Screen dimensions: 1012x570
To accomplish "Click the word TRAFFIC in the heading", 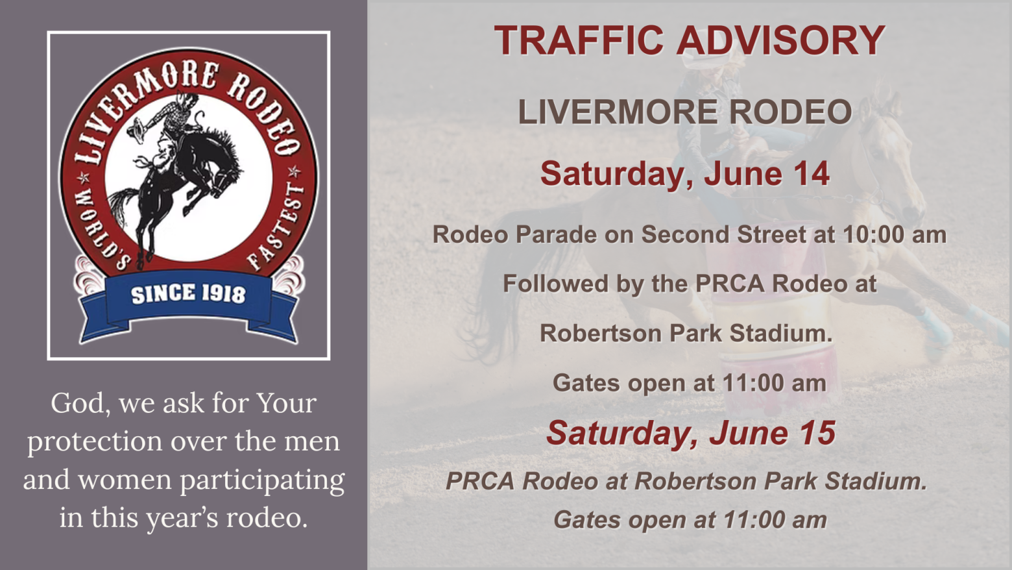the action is (579, 40).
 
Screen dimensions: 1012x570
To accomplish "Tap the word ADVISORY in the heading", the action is (780, 40).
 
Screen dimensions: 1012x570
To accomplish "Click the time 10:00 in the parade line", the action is (878, 234).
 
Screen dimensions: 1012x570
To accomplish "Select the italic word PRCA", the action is (480, 481).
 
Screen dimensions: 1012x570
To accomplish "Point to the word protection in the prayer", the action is (95, 441).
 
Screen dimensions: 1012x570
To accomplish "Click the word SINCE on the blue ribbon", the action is (163, 294).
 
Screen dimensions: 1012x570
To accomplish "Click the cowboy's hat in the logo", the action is (136, 128).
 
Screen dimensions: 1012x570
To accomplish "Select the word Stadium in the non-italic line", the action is (781, 333).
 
